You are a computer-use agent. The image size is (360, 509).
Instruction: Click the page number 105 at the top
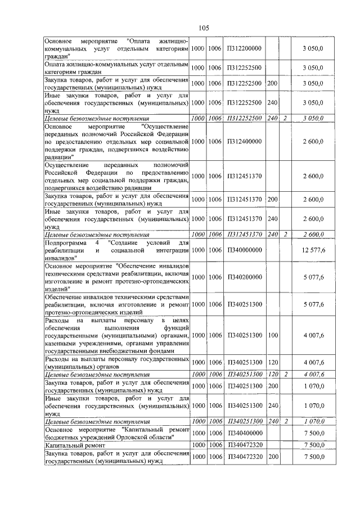pyautogui.click(x=204, y=28)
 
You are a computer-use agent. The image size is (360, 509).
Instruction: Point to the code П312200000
pyautogui.click(x=244, y=49)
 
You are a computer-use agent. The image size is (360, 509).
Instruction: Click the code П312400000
pyautogui.click(x=244, y=142)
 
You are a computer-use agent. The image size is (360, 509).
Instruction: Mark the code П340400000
pyautogui.click(x=244, y=434)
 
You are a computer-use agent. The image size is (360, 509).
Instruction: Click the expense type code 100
pyautogui.click(x=272, y=335)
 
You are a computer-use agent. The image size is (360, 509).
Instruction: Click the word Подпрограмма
pyautogui.click(x=64, y=242)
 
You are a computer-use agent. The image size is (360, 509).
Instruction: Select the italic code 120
pyautogui.click(x=272, y=373)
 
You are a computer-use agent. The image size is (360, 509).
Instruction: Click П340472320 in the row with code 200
pyautogui.click(x=244, y=457)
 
